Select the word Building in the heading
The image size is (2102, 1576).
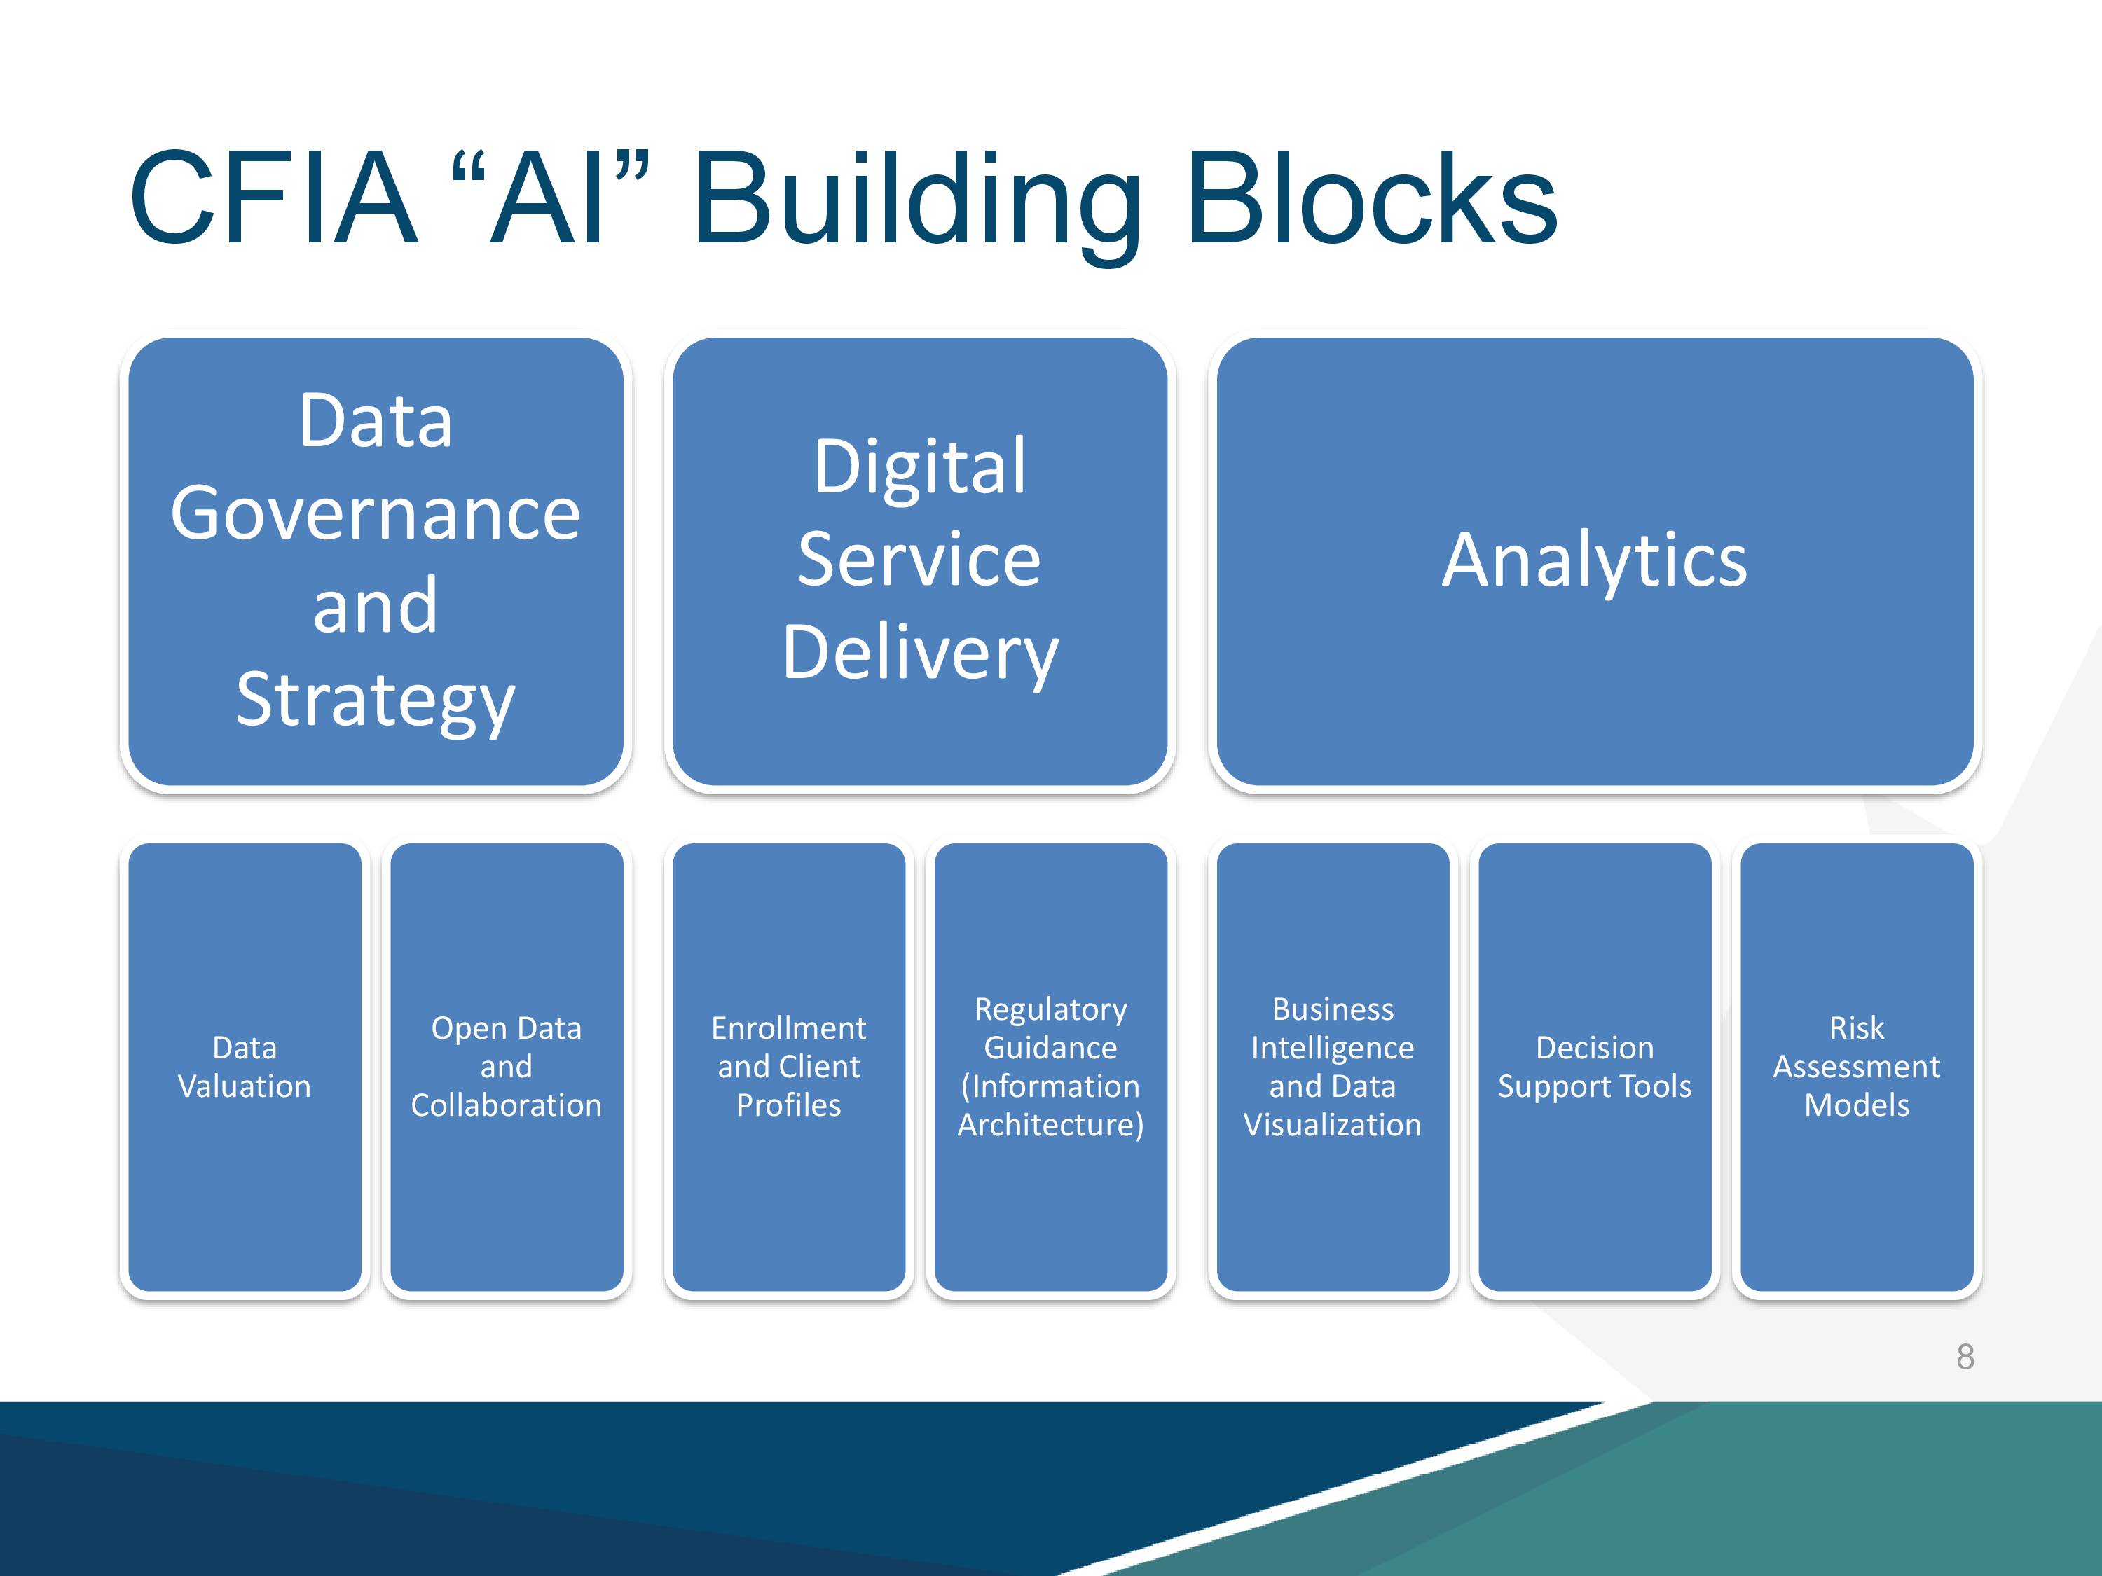pyautogui.click(x=918, y=205)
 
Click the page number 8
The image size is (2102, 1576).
pyautogui.click(x=1965, y=1357)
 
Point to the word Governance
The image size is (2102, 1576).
pyautogui.click(x=376, y=514)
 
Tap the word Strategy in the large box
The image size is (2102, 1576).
pyautogui.click(x=376, y=701)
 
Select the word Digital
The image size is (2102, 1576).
pyautogui.click(x=920, y=467)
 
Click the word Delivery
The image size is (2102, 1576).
pyautogui.click(x=920, y=654)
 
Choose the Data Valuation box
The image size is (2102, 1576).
pyautogui.click(x=245, y=1067)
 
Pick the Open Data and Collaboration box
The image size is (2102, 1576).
pyautogui.click(x=507, y=1067)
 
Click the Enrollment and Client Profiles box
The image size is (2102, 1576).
pyautogui.click(x=789, y=1067)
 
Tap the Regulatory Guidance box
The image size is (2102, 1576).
pyautogui.click(x=1051, y=1067)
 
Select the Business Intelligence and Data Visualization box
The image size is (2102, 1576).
pyautogui.click(x=1333, y=1067)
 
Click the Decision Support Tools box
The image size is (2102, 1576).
pyautogui.click(x=1595, y=1067)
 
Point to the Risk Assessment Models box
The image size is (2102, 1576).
pyautogui.click(x=1857, y=1067)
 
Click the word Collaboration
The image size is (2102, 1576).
pyautogui.click(x=507, y=1106)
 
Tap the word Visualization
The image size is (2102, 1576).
pyautogui.click(x=1333, y=1125)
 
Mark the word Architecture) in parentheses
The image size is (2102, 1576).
pyautogui.click(x=1051, y=1126)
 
